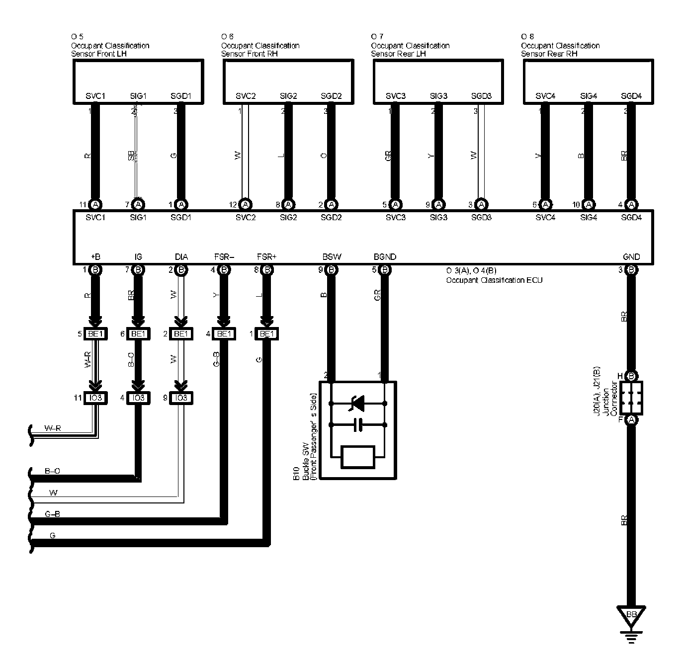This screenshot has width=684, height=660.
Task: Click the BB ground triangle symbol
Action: tap(631, 615)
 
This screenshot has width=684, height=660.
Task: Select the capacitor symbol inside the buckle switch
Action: tap(357, 425)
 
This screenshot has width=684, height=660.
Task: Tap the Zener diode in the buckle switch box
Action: tap(357, 404)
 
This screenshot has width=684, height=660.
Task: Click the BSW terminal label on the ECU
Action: tap(332, 257)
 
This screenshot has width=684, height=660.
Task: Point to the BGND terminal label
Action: tap(385, 257)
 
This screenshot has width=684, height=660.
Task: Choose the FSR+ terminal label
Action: tap(266, 257)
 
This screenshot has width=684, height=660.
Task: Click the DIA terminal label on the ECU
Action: tap(181, 257)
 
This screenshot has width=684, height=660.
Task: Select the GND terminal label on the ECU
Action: tap(631, 257)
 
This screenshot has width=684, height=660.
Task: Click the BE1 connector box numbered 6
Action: tap(139, 334)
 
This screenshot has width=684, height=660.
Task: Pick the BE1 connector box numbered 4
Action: tap(224, 334)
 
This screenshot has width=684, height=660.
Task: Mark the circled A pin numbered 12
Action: tap(245, 204)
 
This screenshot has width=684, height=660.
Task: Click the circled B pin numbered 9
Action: tap(332, 270)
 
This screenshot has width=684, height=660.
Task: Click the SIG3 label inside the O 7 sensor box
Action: tap(438, 96)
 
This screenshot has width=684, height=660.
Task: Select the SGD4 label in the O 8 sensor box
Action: tap(631, 96)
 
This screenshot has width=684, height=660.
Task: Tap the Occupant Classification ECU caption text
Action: tap(494, 280)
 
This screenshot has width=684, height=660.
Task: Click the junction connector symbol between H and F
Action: tap(631, 398)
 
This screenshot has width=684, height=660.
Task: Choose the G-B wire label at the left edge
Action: tap(52, 514)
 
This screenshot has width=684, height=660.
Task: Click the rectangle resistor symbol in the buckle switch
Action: tap(357, 457)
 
